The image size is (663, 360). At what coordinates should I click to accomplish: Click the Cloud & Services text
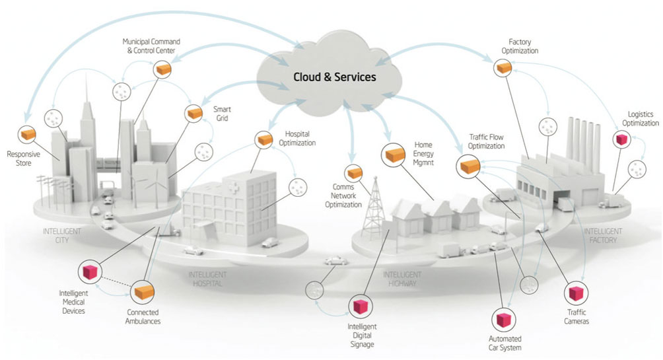coord(335,77)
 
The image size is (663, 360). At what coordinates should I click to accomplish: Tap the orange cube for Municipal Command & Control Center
coord(162,69)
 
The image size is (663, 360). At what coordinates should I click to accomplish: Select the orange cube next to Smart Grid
coord(194,114)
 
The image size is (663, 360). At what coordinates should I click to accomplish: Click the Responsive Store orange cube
coord(28,135)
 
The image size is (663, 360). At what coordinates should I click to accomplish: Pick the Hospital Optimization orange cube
coord(265,139)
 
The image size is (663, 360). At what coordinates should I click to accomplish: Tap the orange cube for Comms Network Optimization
coord(355,172)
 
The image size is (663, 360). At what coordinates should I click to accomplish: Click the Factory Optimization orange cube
coord(503,67)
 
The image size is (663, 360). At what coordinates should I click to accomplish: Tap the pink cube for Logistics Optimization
coord(621,139)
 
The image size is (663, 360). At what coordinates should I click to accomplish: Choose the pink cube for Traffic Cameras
coord(576,294)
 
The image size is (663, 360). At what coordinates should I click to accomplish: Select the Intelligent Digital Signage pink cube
coord(360,306)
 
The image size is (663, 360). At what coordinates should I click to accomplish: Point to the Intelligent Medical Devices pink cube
coord(88,271)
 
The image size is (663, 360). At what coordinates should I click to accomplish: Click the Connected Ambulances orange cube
coord(143,291)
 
